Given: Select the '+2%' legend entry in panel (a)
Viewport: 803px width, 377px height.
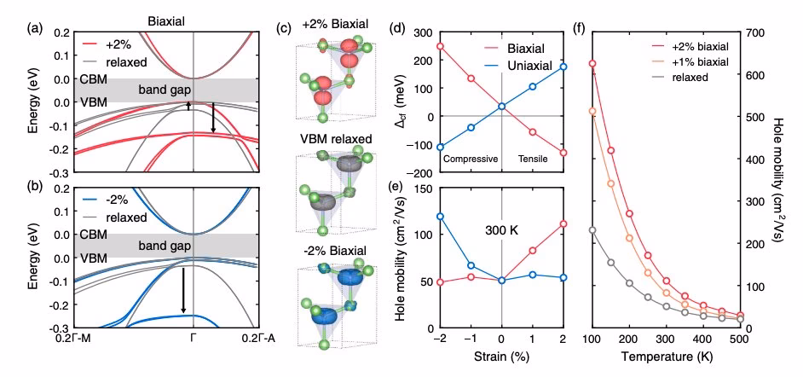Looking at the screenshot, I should tap(116, 42).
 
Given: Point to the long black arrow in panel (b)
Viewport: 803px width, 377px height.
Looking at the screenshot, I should tap(182, 290).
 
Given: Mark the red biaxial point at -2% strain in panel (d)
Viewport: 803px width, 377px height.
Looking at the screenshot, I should tap(440, 46).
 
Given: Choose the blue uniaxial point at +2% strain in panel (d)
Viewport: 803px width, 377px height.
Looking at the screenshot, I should tap(563, 66).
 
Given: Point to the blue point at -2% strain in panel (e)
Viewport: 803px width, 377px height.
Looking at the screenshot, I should tap(440, 216).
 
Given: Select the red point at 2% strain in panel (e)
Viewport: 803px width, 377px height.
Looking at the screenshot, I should tap(563, 223).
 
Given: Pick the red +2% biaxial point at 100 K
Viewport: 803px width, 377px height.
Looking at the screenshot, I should tap(592, 64).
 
